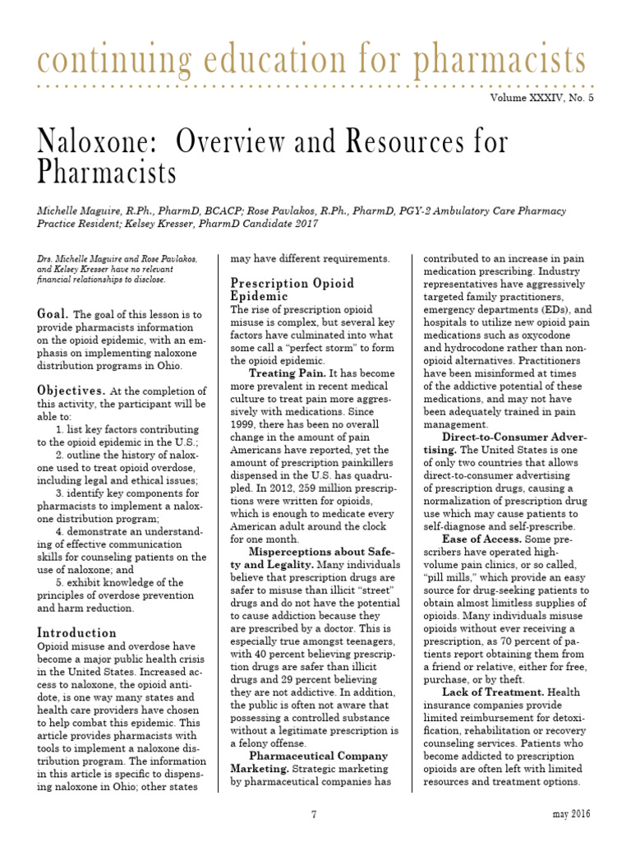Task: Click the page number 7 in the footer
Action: pos(314,814)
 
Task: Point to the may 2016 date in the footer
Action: pos(570,814)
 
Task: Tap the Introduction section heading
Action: pos(77,632)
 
